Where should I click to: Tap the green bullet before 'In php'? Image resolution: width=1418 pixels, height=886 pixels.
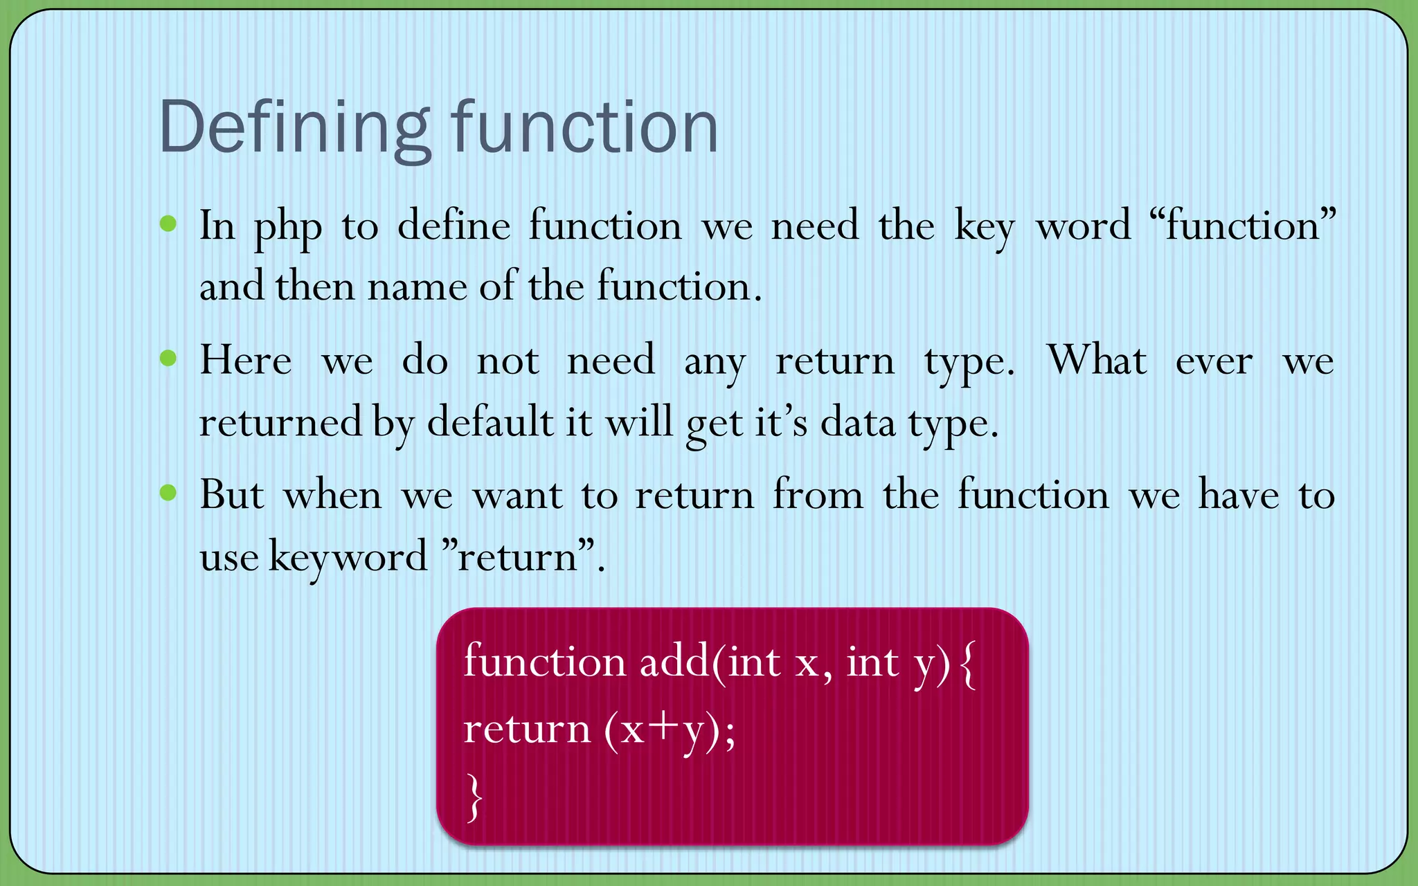coord(168,224)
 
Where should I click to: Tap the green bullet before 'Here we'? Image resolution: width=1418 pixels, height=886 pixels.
coord(168,358)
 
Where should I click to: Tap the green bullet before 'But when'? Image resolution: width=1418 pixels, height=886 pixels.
coord(168,493)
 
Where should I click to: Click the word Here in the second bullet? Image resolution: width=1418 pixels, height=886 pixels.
coord(245,361)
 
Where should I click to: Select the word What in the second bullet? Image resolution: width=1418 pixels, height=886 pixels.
coord(1097,361)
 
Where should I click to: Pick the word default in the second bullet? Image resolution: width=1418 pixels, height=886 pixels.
coord(490,422)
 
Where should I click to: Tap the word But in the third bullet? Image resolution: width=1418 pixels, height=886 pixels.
coord(231,495)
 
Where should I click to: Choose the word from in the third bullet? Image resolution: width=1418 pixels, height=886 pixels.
coord(818,495)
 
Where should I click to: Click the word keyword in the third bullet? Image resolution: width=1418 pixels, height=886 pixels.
coord(348,557)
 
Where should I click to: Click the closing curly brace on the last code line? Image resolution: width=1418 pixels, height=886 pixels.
coord(474,797)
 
